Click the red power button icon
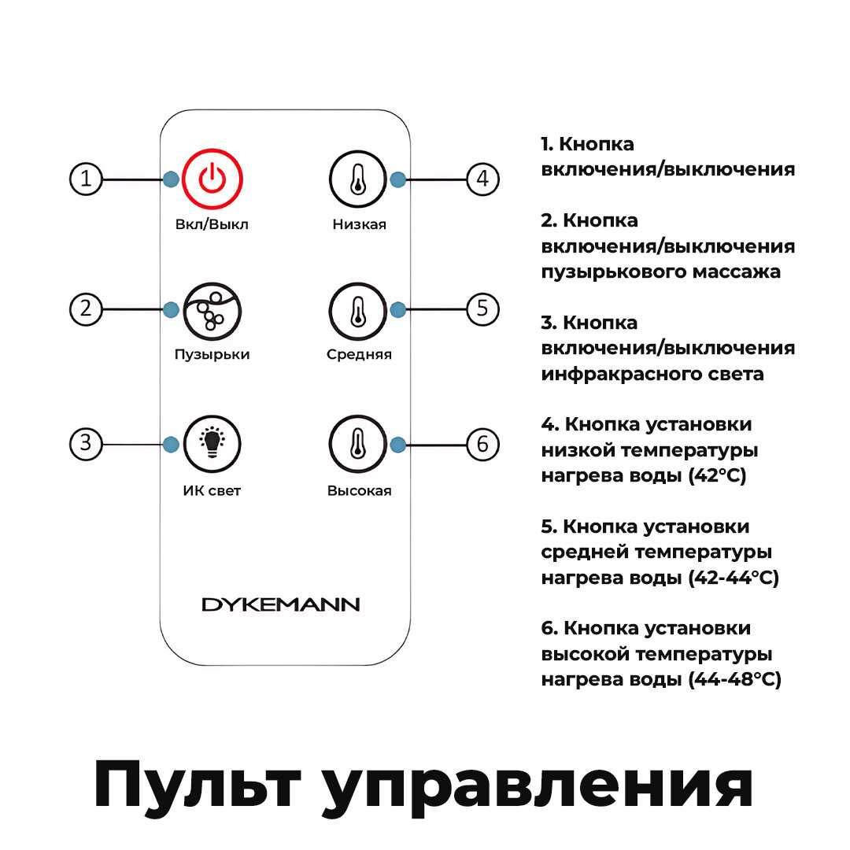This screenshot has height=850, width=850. [212, 179]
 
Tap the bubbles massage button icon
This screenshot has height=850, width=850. [212, 310]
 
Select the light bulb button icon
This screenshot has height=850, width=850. [212, 444]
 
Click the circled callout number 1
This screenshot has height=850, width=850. [87, 179]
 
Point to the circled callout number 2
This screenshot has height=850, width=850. [87, 309]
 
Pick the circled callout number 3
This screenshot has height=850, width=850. [87, 444]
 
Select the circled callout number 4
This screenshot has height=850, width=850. [482, 179]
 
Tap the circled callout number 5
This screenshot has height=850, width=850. [482, 309]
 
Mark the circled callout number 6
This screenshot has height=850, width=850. [482, 445]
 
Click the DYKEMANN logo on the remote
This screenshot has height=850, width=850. [281, 604]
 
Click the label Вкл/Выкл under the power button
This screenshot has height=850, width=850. [212, 224]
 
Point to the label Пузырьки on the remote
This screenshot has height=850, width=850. [212, 354]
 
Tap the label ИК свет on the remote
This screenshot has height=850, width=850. [212, 491]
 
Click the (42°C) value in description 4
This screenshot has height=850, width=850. [715, 476]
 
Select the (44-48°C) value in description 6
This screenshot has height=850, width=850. [734, 680]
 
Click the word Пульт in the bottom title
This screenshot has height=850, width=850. [201, 784]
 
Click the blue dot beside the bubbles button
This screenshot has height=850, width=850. [171, 310]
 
